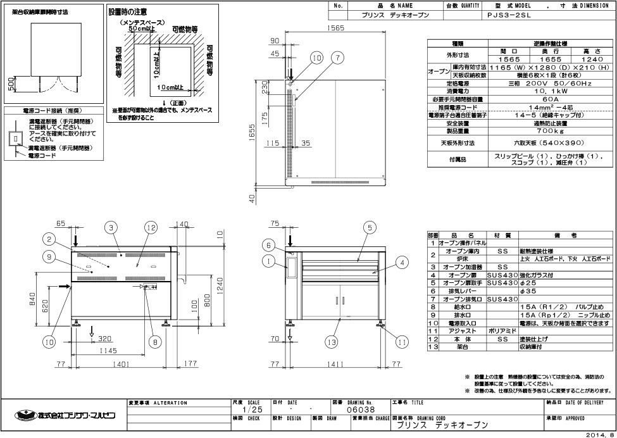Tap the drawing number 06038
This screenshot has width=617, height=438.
tap(354, 410)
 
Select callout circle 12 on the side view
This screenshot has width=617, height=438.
tap(150, 227)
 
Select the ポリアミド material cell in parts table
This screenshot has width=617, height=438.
tap(502, 330)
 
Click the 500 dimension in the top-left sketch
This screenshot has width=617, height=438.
tap(10, 84)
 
